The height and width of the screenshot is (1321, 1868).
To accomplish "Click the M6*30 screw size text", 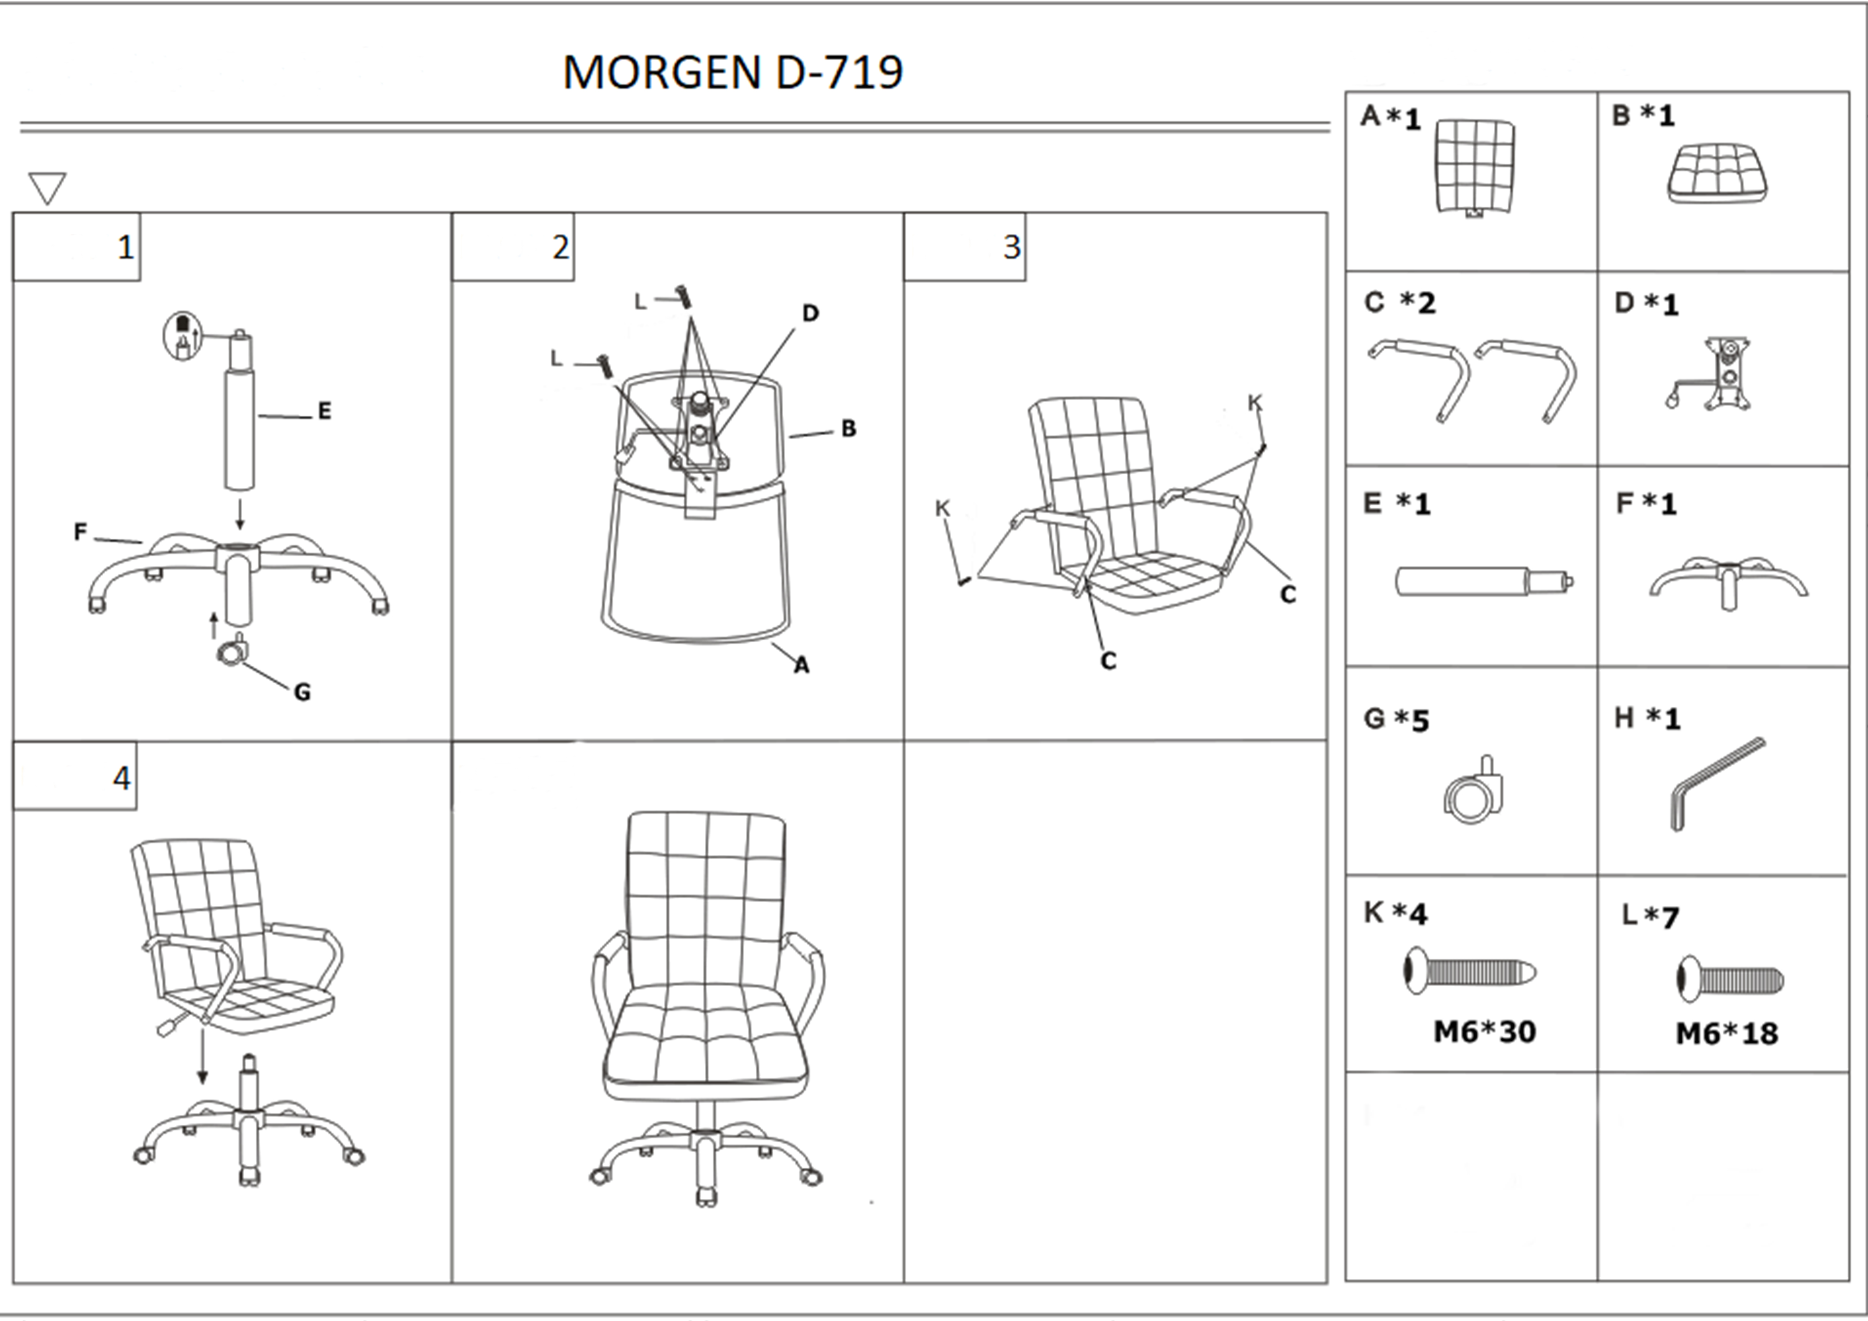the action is click(x=1484, y=1031).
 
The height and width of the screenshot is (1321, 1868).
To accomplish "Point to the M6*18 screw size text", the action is click(x=1727, y=1034).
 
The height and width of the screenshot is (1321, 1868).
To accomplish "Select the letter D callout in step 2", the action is click(x=810, y=313).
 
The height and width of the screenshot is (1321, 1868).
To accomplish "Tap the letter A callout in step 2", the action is click(x=801, y=665).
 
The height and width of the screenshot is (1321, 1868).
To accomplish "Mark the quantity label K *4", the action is click(x=1395, y=913).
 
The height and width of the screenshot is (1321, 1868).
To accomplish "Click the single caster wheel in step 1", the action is click(x=233, y=649).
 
